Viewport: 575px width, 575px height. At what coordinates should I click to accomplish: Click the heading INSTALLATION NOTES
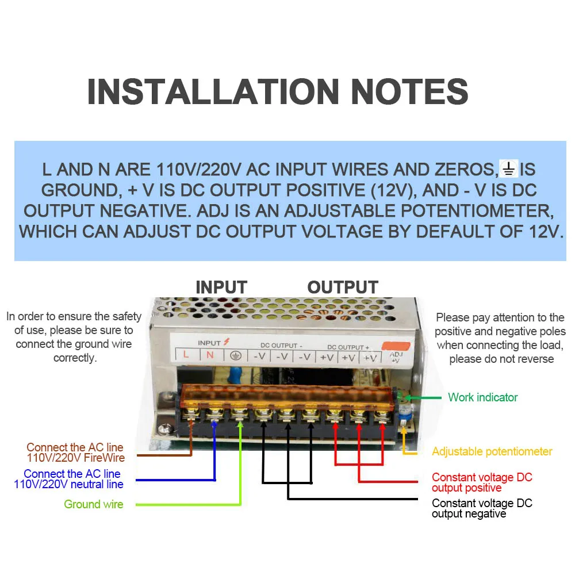pos(278,91)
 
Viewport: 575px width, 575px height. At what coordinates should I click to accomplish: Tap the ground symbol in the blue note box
pos(509,169)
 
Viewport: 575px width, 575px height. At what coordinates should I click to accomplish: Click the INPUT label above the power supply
pos(221,287)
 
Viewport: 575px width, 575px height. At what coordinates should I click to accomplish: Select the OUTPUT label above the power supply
pos(343,287)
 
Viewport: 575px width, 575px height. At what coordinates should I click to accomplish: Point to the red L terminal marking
pos(186,354)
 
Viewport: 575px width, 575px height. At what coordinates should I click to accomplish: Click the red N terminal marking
pos(210,355)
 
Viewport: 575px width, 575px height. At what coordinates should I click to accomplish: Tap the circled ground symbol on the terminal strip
pos(235,355)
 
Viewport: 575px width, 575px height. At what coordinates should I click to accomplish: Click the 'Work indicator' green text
pos(482,397)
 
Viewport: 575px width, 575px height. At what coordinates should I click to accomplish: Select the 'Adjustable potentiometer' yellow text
pos(492,451)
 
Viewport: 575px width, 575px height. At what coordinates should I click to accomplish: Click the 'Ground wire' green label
pos(93,504)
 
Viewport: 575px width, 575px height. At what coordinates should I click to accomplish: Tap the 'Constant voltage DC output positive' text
pos(482,482)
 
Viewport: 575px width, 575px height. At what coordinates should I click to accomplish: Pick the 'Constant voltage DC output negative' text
pos(482,508)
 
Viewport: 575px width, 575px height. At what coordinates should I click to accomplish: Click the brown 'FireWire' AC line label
pos(75,453)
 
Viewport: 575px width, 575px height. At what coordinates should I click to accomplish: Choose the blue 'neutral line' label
pos(69,479)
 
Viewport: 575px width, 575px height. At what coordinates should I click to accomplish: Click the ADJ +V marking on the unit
pos(397,357)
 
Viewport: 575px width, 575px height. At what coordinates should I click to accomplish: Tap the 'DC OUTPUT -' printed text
pos(282,346)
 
